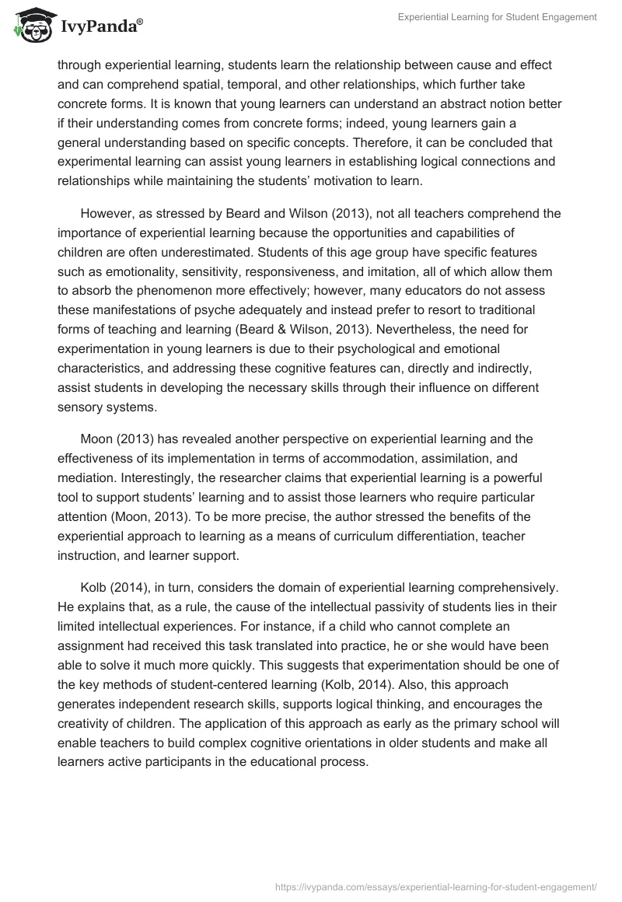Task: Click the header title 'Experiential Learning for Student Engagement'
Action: pos(497,17)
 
